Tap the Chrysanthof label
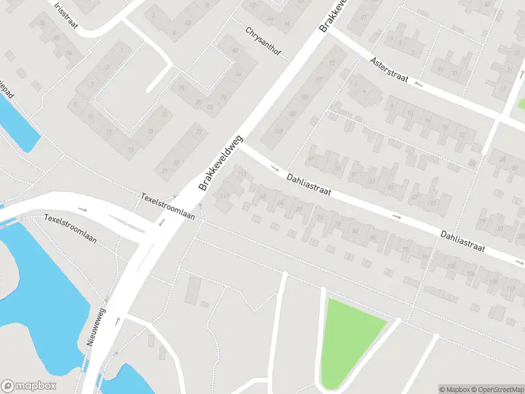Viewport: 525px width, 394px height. (267, 42)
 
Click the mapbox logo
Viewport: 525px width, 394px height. (29, 386)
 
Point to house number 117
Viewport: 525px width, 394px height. (224, 196)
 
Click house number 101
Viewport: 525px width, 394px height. (304, 97)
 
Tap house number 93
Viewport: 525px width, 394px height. (331, 62)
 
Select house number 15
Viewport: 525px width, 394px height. (131, 150)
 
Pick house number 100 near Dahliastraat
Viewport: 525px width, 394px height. (450, 266)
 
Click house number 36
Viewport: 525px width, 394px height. (238, 74)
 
